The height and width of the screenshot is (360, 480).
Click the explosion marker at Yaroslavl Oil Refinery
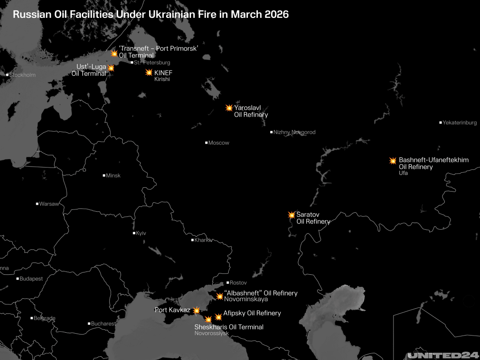point(229,108)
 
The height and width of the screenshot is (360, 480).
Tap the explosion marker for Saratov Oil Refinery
point(292,215)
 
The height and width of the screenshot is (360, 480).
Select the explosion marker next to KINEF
point(149,72)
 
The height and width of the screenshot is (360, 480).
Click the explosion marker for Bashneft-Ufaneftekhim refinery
point(393,160)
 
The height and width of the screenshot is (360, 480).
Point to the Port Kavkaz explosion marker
point(196,311)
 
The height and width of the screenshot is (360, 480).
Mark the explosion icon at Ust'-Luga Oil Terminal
point(111,68)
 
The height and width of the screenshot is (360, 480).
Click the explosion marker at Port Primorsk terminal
point(114,54)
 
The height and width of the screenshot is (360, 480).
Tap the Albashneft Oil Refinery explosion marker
point(219,296)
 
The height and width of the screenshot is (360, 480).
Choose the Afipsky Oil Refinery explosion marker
point(218,317)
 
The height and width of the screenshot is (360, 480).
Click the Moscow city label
point(218,143)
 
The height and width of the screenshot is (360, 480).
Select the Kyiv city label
point(141,233)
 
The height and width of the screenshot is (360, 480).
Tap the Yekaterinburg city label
point(459,123)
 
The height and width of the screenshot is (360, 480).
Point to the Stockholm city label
point(23,75)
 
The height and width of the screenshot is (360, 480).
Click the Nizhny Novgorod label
point(294,132)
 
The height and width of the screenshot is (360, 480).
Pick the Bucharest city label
point(103,324)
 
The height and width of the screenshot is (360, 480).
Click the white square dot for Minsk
point(104,176)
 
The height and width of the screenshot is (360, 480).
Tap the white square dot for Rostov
point(228,283)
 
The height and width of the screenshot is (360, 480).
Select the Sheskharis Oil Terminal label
point(229,327)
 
